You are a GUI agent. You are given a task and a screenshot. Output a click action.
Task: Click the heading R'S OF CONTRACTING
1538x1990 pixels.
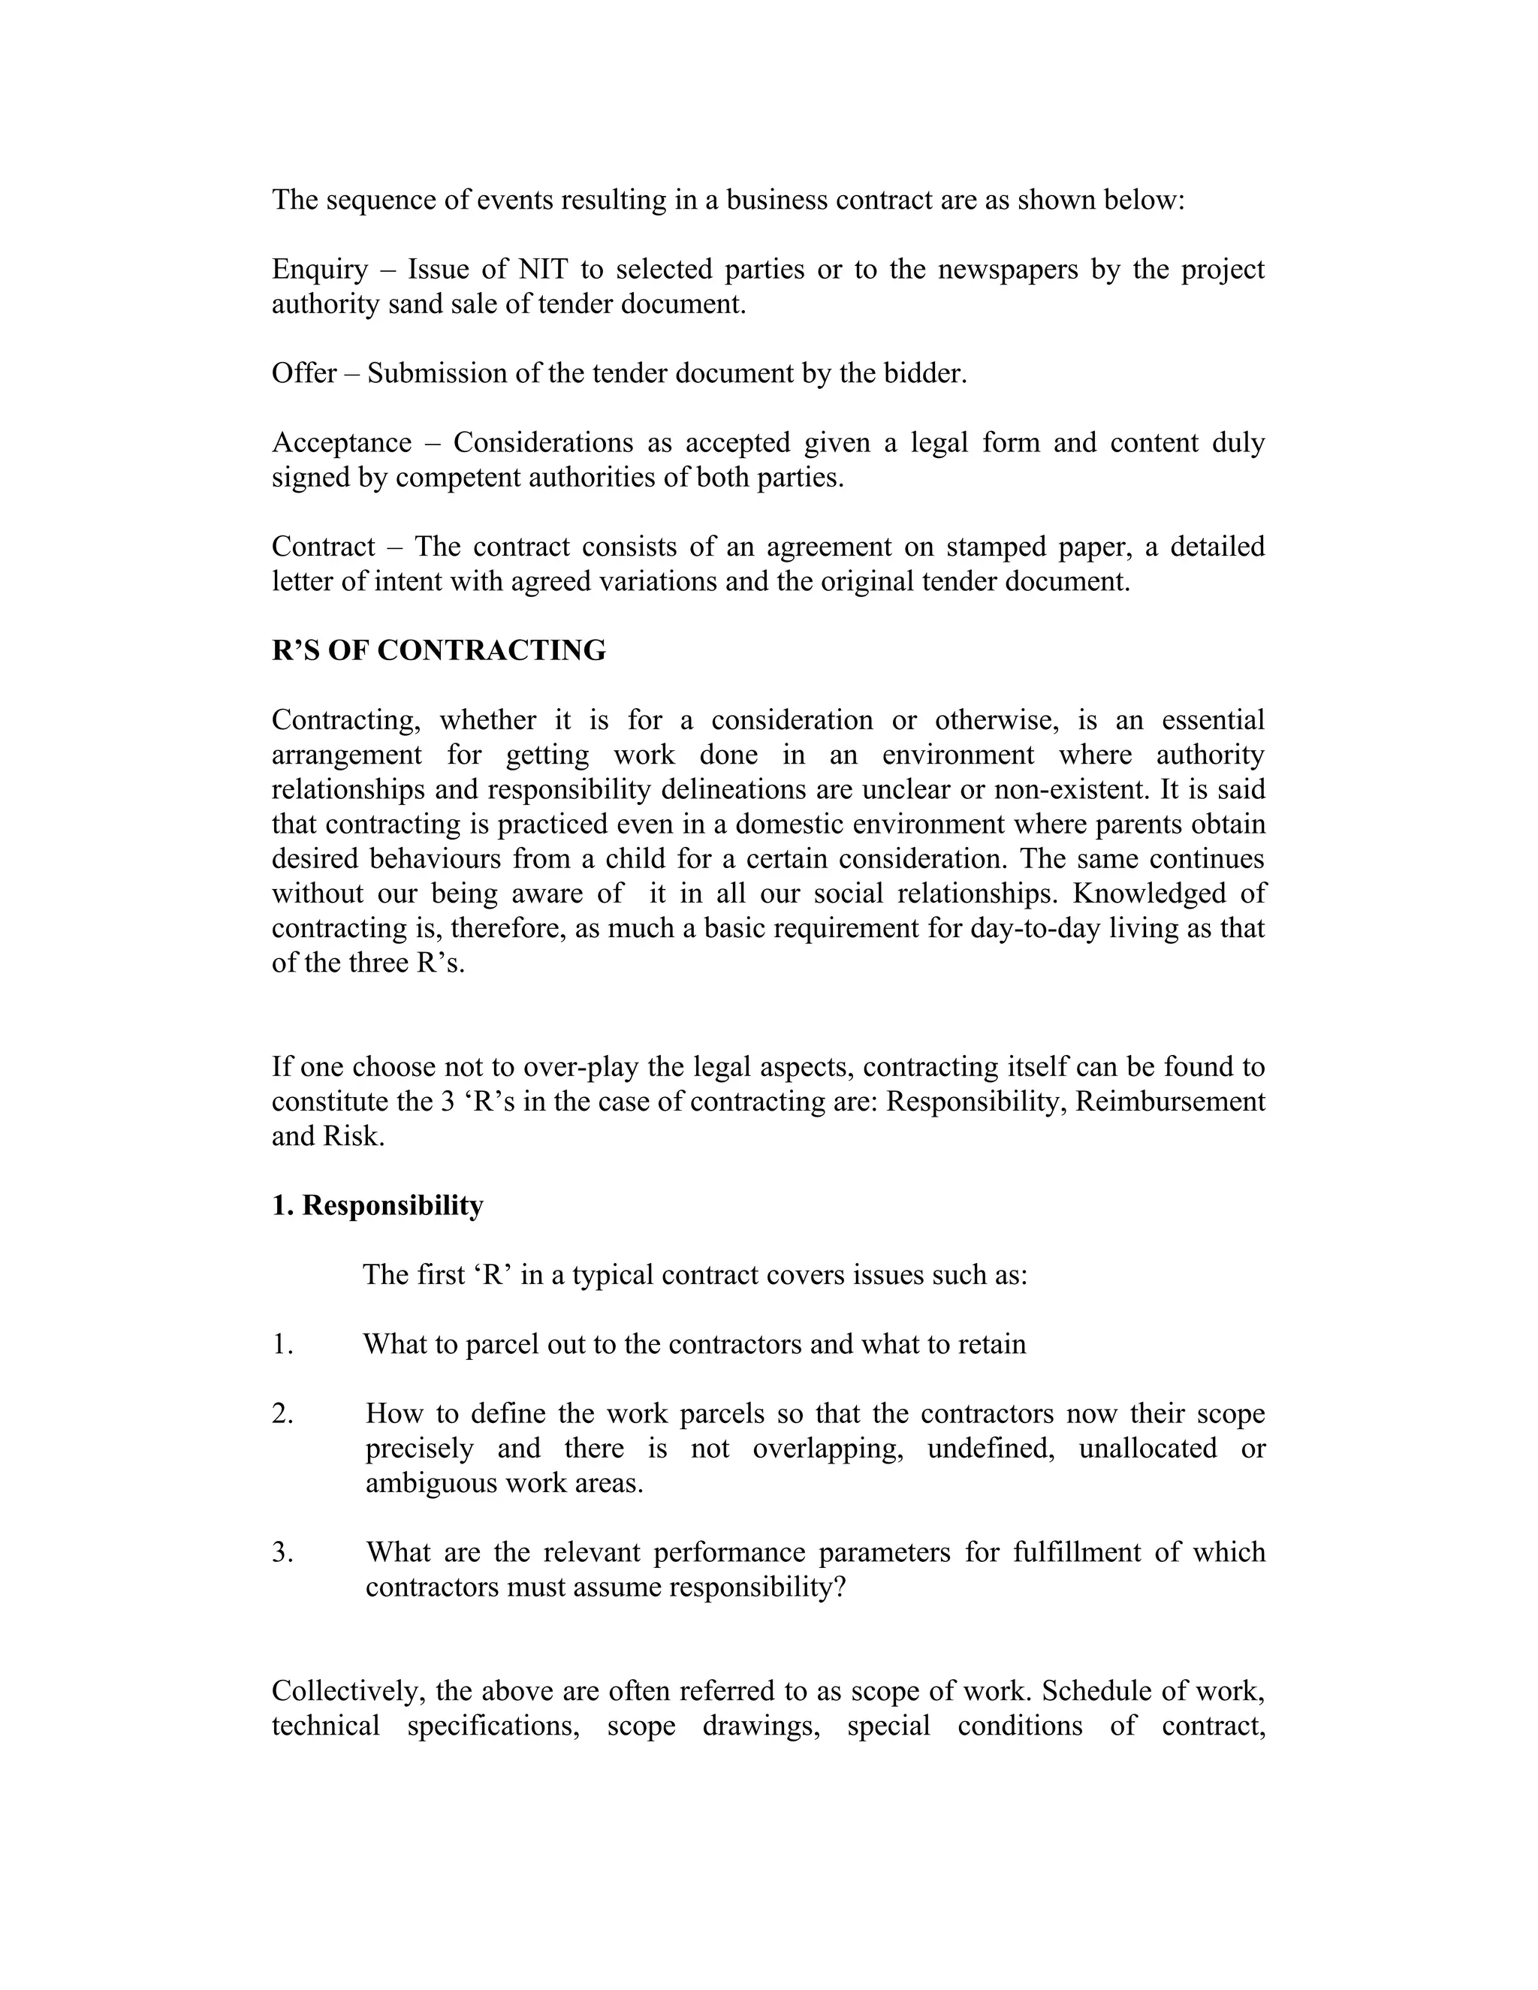[x=439, y=650]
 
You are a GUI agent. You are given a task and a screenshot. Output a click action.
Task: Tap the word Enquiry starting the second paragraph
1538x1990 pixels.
[x=319, y=270]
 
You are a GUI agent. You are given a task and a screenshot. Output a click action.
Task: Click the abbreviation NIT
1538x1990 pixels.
[x=542, y=270]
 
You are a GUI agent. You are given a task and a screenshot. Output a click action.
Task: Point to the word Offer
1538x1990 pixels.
[x=303, y=373]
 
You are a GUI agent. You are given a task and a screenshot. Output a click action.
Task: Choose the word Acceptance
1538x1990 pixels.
[x=342, y=443]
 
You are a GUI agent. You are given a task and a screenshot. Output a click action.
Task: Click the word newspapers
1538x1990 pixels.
[x=1004, y=270]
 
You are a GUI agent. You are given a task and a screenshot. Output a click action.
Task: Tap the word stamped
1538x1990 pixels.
[x=995, y=547]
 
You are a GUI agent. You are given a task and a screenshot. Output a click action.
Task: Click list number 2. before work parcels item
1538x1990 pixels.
[x=282, y=1414]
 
